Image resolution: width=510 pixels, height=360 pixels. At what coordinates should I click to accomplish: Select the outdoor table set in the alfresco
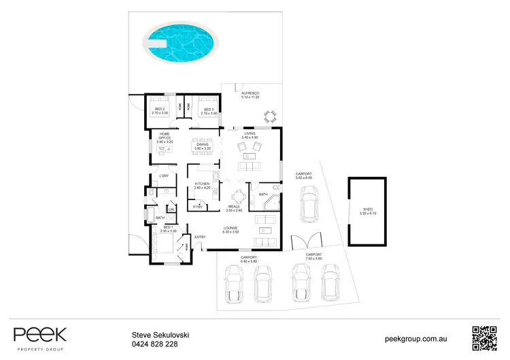pos(271,116)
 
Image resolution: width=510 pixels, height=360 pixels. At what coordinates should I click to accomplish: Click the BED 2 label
pos(160,110)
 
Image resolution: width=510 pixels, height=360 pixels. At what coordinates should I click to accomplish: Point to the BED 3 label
pos(209,110)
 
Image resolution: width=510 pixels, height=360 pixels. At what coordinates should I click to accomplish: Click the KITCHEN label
pos(203,185)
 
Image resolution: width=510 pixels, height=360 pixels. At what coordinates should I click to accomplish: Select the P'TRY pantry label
pos(199,207)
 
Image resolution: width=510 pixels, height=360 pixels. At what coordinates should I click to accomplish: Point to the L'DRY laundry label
pos(163,177)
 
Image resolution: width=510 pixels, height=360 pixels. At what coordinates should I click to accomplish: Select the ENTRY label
pos(200,237)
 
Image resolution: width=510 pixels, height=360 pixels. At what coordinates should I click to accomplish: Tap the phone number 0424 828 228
pos(154,344)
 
